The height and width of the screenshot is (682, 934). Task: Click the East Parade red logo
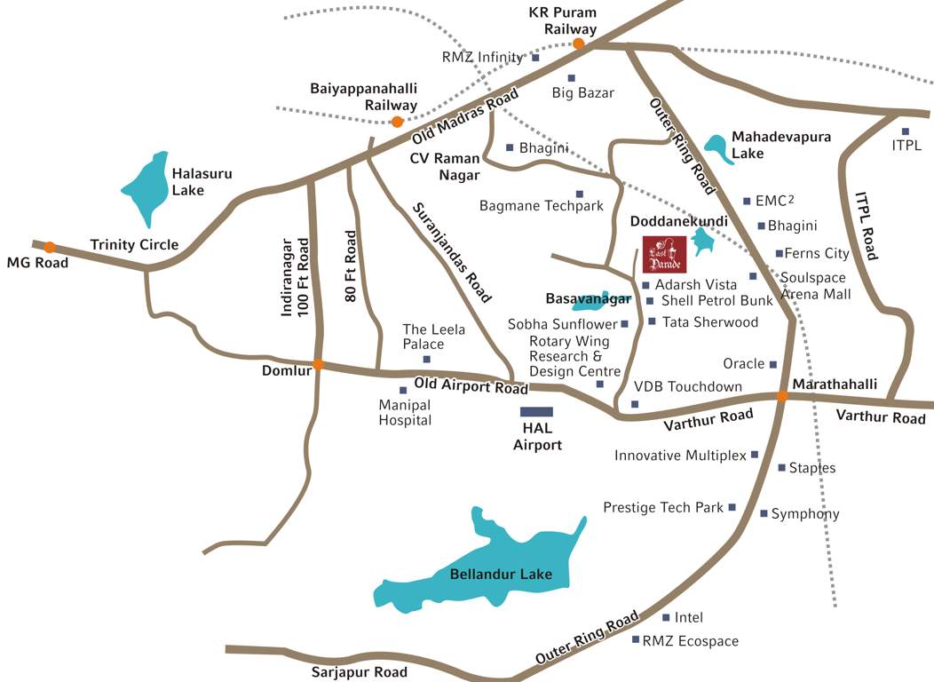point(664,255)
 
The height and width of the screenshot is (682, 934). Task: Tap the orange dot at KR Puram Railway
point(578,44)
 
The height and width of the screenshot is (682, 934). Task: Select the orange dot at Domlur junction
point(318,364)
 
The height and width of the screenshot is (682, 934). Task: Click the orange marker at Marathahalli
point(782,396)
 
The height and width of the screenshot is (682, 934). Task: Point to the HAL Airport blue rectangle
point(536,412)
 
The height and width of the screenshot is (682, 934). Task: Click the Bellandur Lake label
point(501,575)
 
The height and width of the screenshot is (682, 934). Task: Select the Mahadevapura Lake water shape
point(718,148)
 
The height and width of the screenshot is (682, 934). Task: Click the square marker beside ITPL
point(906,132)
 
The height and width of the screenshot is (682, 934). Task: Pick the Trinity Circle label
point(134,245)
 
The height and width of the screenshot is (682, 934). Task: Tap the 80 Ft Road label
point(352,266)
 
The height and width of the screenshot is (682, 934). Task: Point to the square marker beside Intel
point(666,617)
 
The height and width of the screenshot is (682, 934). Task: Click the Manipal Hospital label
point(405,413)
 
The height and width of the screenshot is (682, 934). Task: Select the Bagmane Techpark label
point(541,206)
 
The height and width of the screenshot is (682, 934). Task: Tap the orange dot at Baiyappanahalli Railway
point(397,122)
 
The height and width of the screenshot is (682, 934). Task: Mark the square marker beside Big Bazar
point(571,78)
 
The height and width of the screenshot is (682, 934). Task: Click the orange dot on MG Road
point(50,247)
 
